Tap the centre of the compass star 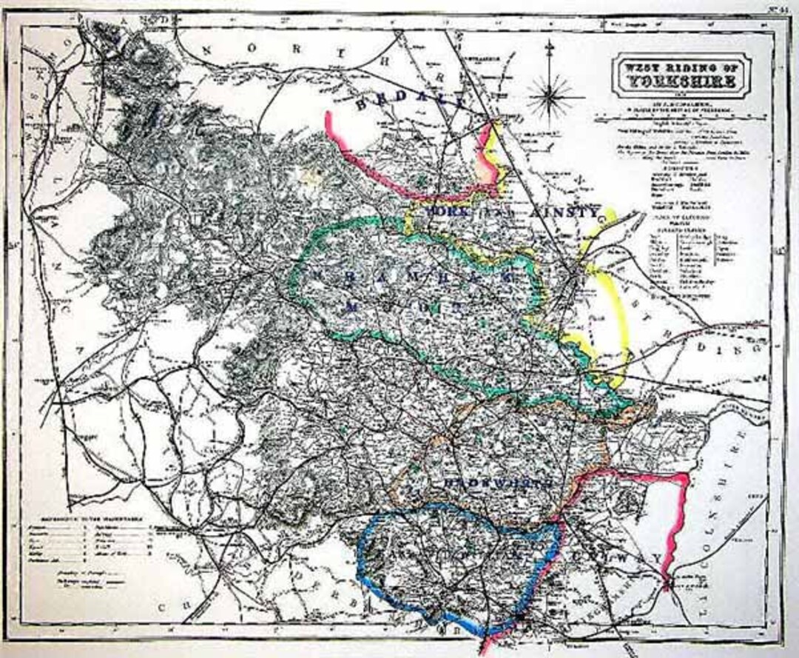550,94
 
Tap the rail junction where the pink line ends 668,585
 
